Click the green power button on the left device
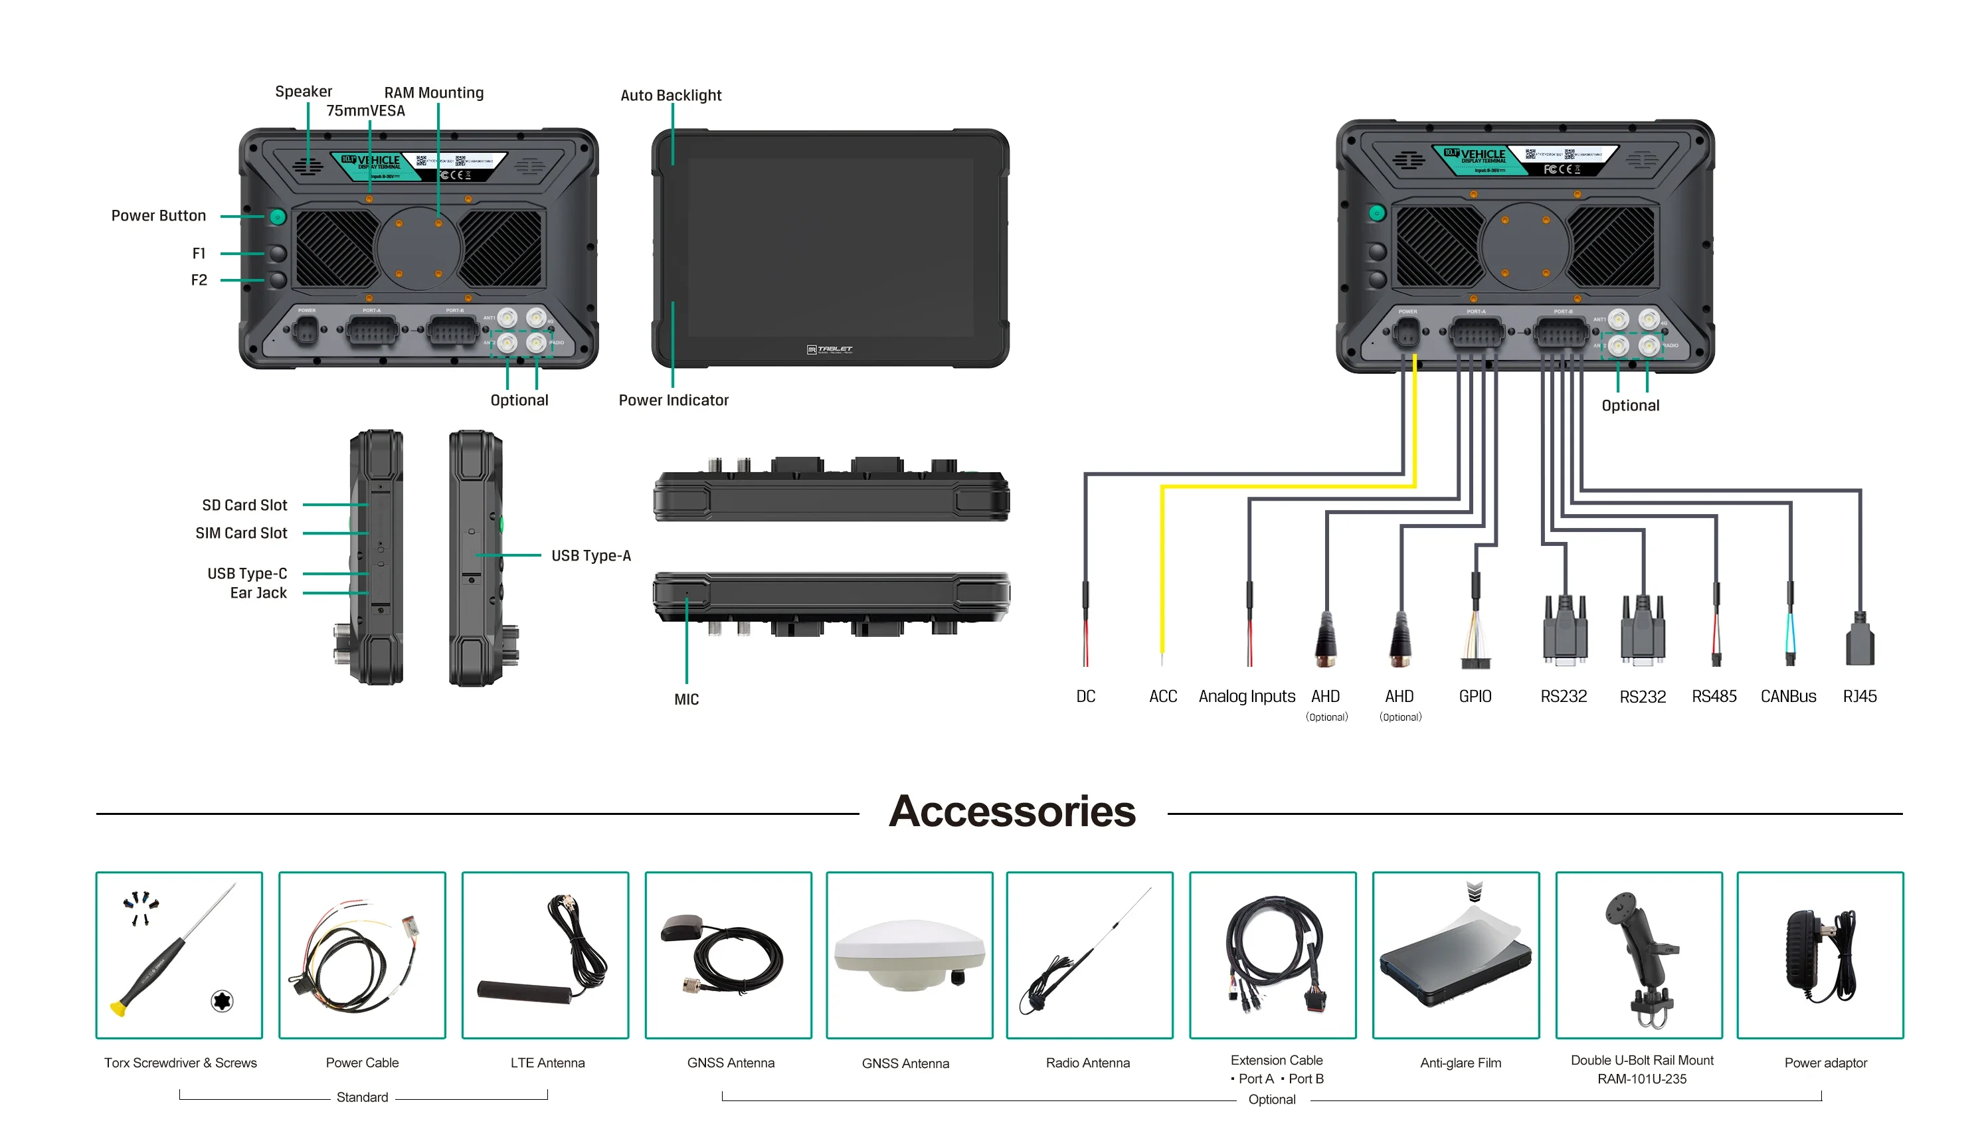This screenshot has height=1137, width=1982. [277, 217]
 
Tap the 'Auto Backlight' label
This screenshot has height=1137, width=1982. [670, 95]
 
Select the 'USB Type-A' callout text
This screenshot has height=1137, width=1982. [590, 556]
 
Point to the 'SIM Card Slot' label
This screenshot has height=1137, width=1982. [240, 533]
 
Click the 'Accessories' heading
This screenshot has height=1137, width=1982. [1012, 812]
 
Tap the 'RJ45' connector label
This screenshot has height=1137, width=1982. [1858, 697]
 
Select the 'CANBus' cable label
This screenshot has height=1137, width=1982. [1787, 697]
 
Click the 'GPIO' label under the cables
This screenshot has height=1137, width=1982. [1474, 697]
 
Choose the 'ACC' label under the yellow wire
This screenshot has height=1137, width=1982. [1162, 697]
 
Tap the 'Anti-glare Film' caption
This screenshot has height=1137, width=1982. [1459, 1063]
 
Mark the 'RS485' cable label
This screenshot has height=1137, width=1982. [1714, 697]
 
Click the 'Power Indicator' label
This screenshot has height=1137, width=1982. [672, 400]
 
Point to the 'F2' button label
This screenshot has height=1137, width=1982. [199, 280]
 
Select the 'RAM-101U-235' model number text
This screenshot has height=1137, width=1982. [1641, 1079]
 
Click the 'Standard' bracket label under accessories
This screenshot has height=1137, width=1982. [361, 1097]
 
